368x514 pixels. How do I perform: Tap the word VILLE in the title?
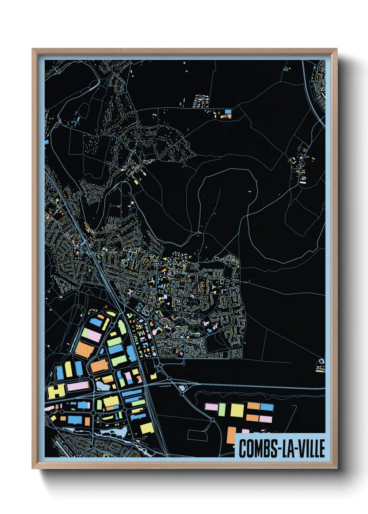[310, 448]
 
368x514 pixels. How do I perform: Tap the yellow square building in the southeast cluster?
[237, 410]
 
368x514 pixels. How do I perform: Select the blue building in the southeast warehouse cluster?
[267, 407]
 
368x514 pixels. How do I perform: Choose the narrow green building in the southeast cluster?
[222, 410]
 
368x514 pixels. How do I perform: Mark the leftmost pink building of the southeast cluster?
[211, 407]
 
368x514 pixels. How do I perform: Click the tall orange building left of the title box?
[231, 435]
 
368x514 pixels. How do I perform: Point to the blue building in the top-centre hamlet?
[228, 112]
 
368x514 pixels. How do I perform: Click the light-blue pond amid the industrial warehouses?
[102, 385]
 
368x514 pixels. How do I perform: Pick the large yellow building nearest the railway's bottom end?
[147, 428]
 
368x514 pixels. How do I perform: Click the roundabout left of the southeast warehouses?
[213, 420]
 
